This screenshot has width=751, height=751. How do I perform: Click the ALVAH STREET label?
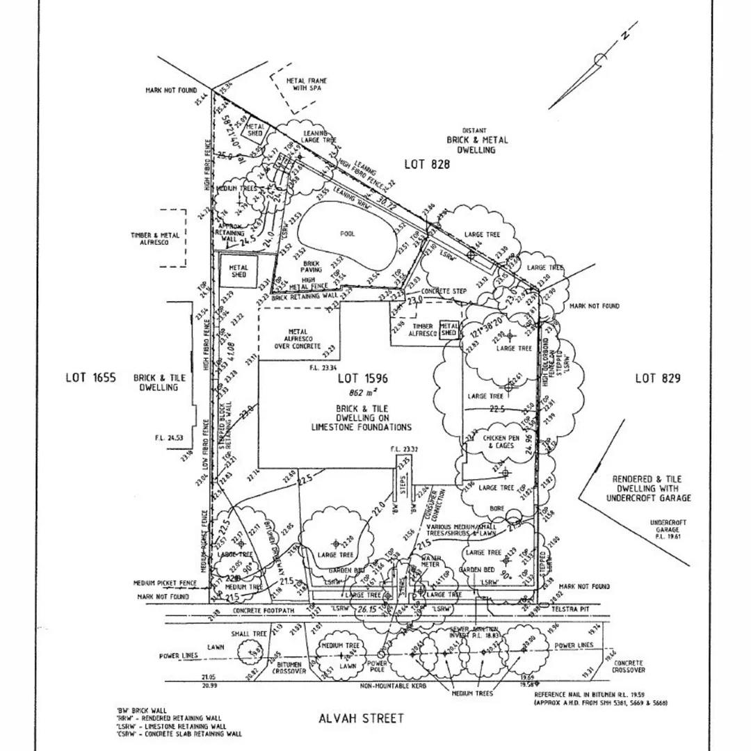[x=360, y=718]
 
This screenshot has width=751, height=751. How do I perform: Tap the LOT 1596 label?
[x=362, y=379]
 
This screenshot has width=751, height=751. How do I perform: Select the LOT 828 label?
[x=427, y=164]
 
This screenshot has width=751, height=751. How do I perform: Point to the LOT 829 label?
[x=657, y=378]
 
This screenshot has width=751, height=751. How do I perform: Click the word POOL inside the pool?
[x=347, y=234]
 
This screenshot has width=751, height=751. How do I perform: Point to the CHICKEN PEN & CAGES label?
[x=501, y=442]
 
